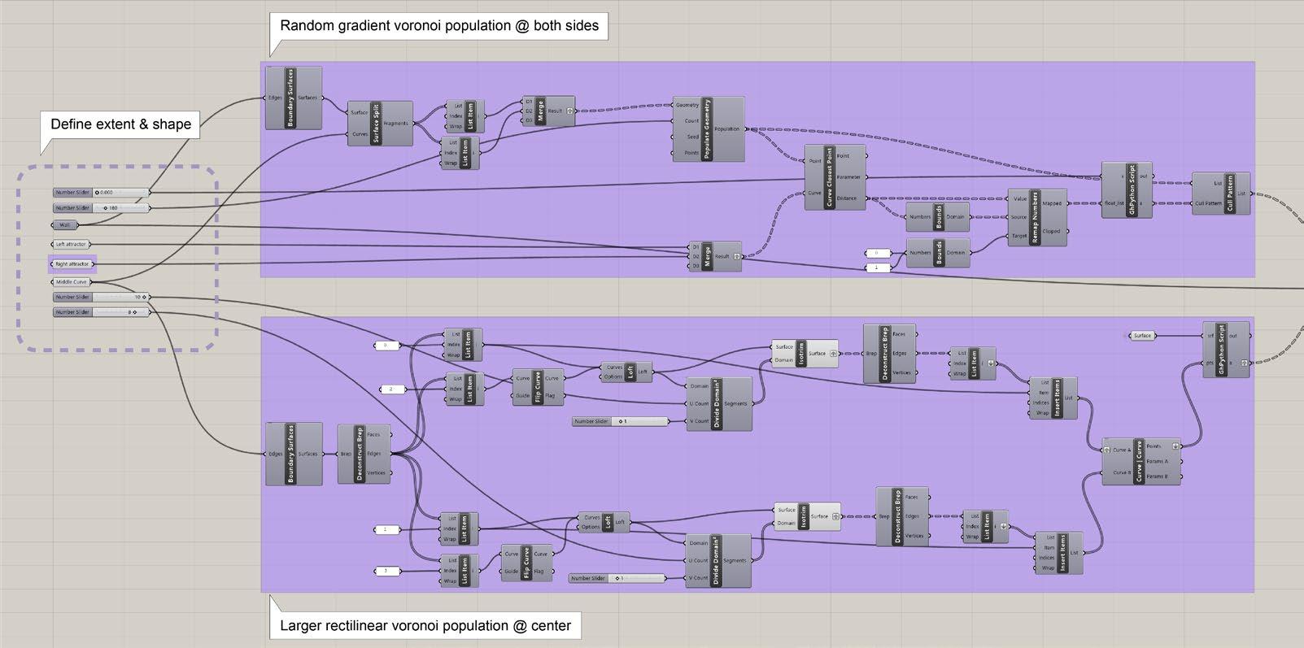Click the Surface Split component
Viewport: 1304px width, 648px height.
377,123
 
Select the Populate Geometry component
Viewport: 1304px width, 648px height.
707,128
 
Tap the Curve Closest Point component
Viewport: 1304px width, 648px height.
829,176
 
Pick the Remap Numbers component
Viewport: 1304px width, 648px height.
1035,218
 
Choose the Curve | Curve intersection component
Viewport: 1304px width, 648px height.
1139,461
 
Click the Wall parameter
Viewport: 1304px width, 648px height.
65,225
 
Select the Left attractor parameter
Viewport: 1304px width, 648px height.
72,244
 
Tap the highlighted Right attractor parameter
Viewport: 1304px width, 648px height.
72,264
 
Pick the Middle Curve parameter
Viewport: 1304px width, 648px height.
72,282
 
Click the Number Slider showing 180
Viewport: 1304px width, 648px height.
101,208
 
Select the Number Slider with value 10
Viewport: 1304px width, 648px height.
101,298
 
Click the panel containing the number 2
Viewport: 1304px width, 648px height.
391,389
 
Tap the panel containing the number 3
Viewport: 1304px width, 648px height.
386,571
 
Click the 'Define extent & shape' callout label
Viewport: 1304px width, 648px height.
120,124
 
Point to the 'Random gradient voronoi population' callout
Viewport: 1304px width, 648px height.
438,26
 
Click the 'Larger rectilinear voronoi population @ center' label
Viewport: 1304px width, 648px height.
425,626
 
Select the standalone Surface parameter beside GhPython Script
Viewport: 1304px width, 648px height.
1142,335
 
